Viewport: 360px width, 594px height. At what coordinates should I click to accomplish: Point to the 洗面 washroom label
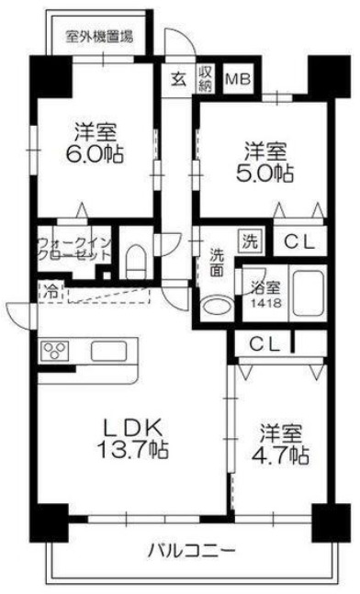(x=216, y=262)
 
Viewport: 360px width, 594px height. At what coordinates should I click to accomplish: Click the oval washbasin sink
(x=216, y=307)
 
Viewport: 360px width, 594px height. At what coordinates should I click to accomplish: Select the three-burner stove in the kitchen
(x=54, y=352)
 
